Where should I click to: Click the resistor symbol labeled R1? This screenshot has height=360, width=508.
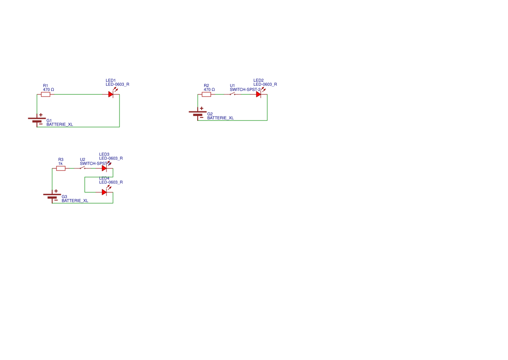[46, 94]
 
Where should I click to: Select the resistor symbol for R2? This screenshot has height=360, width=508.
[206, 94]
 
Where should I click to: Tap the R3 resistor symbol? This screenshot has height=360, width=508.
[61, 168]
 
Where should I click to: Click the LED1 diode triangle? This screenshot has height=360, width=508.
[111, 94]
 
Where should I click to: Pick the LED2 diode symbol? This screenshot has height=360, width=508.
[259, 94]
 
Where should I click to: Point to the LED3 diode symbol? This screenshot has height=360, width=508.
[104, 168]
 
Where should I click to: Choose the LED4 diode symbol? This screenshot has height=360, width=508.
[104, 192]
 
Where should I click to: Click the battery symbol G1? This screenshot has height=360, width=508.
[37, 120]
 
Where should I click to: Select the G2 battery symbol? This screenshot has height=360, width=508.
[198, 113]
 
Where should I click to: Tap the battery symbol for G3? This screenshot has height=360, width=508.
[52, 196]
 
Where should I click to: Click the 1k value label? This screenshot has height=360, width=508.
[60, 163]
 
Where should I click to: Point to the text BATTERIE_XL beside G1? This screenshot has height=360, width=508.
[60, 124]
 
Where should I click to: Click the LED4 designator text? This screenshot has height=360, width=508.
[104, 178]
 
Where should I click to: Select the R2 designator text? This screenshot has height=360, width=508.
[206, 86]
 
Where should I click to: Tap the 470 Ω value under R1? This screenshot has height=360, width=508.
[48, 90]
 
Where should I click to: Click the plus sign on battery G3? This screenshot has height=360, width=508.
[56, 191]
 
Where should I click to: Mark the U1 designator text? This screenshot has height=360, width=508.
[232, 86]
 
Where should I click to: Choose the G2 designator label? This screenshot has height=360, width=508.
[210, 114]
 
